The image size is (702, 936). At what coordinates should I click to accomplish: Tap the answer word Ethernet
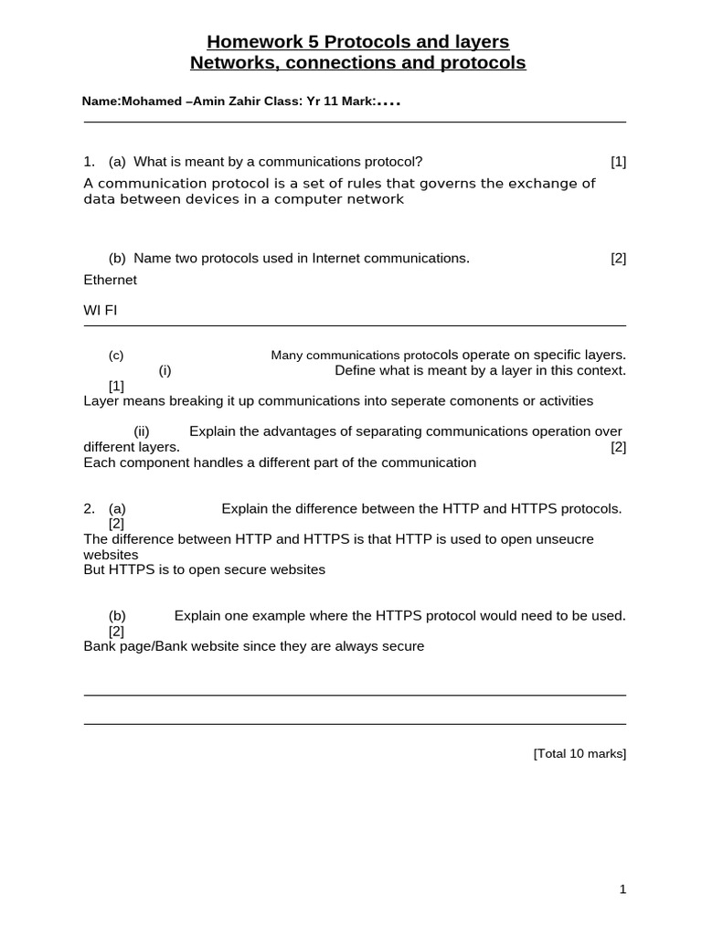[110, 280]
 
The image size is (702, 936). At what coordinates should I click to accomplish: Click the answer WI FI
[101, 310]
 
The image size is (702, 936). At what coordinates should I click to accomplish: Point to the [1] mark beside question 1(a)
[619, 162]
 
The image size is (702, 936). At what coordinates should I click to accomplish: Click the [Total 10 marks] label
[580, 753]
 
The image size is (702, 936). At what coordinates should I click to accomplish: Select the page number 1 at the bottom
[622, 889]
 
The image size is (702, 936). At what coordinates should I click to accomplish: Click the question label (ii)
[142, 431]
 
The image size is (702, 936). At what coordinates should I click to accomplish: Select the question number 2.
[88, 508]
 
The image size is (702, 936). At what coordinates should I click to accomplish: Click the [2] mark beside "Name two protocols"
[619, 258]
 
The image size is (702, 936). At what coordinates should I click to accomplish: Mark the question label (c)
[116, 356]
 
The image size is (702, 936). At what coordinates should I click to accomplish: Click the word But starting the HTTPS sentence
[94, 569]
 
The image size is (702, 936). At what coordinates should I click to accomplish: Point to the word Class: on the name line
[287, 102]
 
